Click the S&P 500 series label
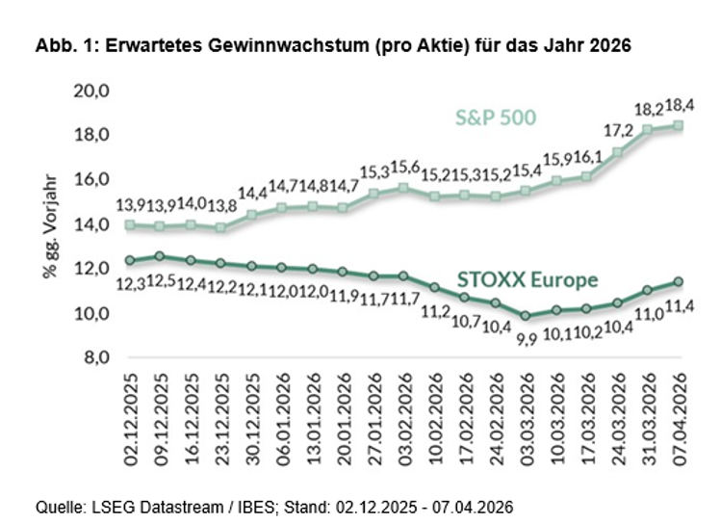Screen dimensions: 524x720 (495, 118)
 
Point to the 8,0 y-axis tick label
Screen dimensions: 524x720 (96, 357)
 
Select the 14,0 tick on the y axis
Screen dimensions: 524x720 (92, 224)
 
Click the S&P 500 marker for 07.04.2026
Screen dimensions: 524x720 (680, 125)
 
